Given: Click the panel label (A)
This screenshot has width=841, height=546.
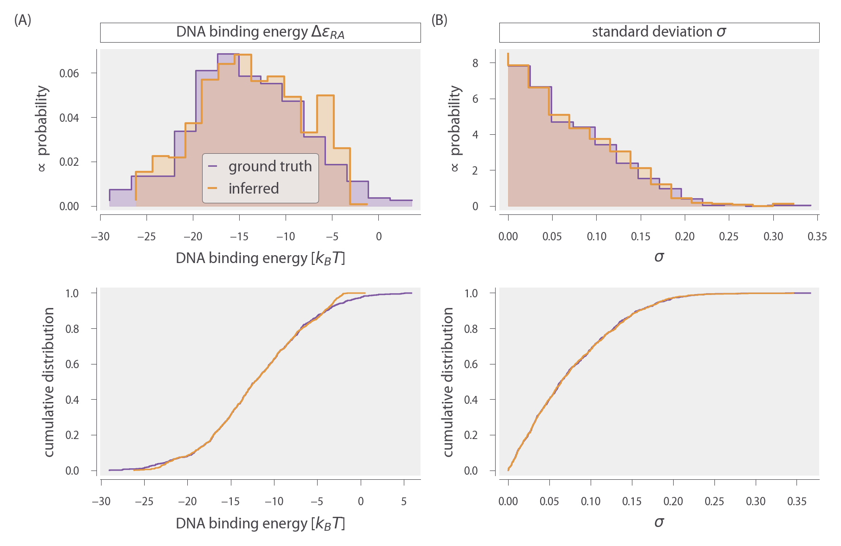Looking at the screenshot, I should (23, 20).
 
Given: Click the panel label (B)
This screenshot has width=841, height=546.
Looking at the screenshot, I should (439, 20).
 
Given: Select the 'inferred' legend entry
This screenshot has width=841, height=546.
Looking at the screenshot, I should (254, 188).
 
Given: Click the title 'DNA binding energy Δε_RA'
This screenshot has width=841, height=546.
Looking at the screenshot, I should (260, 32).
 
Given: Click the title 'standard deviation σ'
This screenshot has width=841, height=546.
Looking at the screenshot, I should (659, 32).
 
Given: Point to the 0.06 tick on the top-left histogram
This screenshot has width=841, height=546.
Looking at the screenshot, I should (69, 73).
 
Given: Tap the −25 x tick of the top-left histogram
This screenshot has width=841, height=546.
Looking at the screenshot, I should (147, 237).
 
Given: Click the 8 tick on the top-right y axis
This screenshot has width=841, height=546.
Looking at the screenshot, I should (475, 63).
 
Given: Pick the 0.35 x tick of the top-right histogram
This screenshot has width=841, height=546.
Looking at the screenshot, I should (817, 237).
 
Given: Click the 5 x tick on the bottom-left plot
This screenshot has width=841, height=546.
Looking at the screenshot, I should (404, 502).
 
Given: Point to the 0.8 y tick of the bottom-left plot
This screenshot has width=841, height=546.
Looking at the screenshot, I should (72, 329).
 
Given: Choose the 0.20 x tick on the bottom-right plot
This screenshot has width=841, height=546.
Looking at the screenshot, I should (673, 502).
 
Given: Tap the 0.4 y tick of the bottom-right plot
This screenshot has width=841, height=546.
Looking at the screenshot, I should (471, 400).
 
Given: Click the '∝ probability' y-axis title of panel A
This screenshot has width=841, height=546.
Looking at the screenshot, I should (42, 128).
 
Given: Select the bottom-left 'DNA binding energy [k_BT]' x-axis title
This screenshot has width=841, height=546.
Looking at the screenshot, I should (260, 523).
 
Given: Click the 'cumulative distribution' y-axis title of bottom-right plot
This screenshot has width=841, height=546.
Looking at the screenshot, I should (448, 382).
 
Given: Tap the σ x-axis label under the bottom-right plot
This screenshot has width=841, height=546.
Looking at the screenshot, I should (659, 522).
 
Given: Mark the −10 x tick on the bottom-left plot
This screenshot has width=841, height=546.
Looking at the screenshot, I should (274, 502).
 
